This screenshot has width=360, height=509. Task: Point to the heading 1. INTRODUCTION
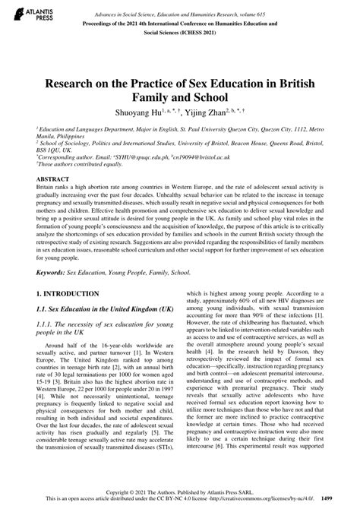[x=60, y=292]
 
